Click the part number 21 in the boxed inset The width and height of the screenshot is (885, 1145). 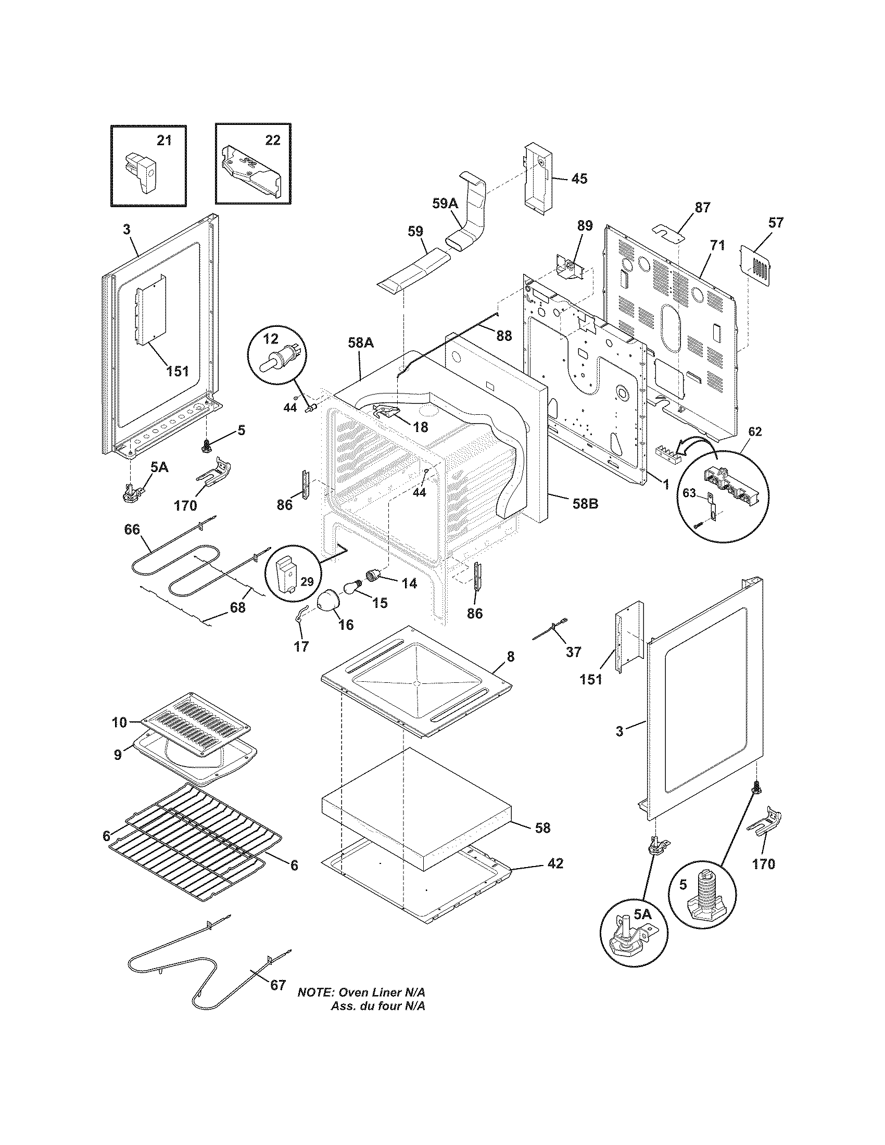(164, 141)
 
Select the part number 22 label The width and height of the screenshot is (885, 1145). (272, 140)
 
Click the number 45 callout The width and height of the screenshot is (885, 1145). (579, 179)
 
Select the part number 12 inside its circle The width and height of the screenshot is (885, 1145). (271, 339)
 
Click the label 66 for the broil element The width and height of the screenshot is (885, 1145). (132, 529)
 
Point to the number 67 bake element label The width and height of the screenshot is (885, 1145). (278, 985)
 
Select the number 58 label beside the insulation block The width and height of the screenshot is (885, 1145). (542, 828)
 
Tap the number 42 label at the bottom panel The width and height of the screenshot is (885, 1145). (555, 863)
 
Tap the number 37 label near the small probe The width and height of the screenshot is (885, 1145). (574, 652)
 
